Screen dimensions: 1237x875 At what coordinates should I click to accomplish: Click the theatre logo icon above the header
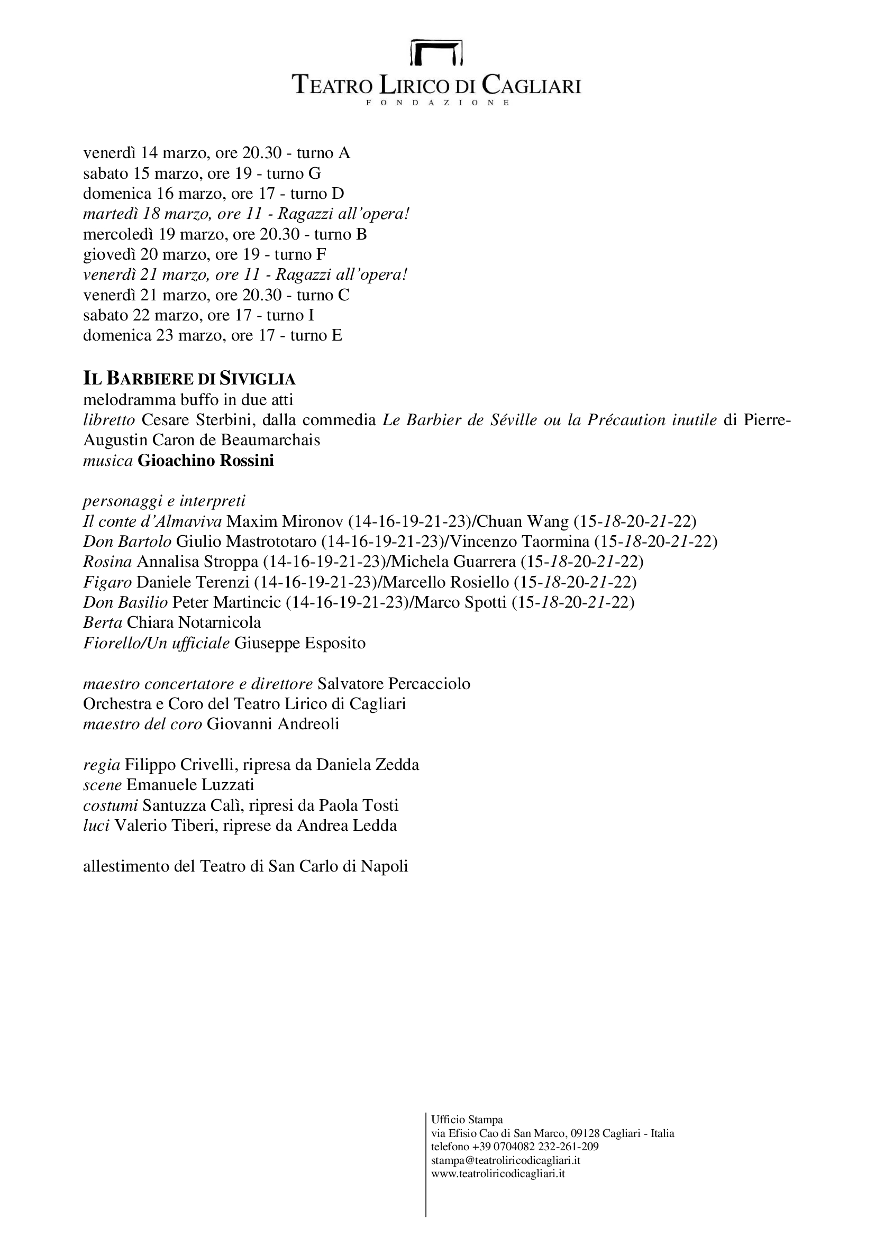(437, 52)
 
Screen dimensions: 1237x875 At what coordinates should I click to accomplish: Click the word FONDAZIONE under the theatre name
(437, 103)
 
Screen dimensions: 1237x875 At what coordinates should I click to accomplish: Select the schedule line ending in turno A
(216, 153)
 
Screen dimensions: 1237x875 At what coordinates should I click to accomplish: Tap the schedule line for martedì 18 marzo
(246, 214)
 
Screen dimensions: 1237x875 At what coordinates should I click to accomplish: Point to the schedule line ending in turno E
(213, 336)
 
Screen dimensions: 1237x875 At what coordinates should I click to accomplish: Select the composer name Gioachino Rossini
(206, 461)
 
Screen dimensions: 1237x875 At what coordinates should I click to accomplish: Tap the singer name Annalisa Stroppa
(197, 563)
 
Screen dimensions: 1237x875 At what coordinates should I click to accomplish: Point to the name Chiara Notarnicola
(194, 624)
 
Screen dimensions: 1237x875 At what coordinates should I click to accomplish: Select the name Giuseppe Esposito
(299, 644)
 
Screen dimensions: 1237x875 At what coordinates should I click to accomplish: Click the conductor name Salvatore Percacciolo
(394, 684)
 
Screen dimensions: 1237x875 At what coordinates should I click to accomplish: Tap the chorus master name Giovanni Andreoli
(272, 725)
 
